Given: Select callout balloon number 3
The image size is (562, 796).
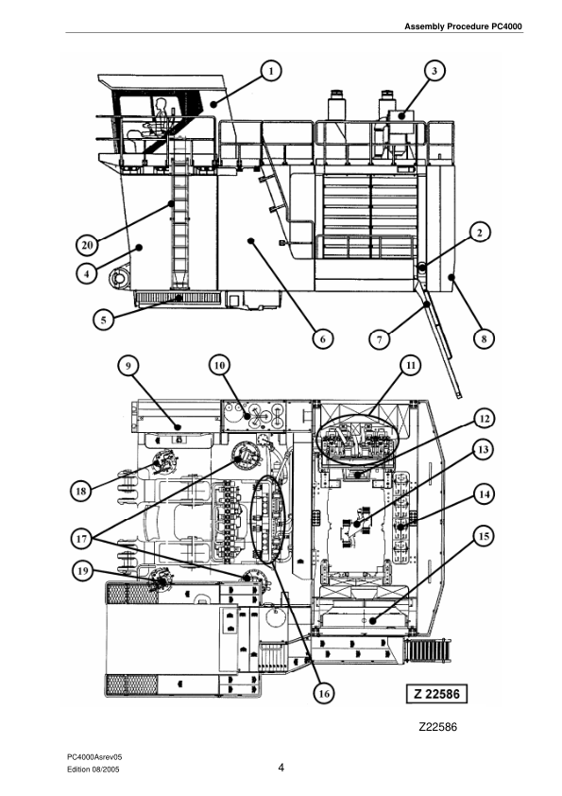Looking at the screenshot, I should click(434, 70).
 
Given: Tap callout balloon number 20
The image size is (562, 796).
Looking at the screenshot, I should click(86, 244).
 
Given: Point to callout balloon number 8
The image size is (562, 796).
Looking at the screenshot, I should click(482, 337).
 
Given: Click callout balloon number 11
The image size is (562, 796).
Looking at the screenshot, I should click(410, 363).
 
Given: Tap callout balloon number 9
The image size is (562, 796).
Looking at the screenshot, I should click(129, 363).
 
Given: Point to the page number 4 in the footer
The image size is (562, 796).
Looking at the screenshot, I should click(281, 768).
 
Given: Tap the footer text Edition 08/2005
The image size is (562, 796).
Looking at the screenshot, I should click(93, 771).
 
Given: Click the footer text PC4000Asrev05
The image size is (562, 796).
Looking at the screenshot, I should click(94, 757).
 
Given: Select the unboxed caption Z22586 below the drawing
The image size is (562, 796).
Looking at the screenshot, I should click(439, 729).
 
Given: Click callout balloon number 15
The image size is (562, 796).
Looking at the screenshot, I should click(483, 537).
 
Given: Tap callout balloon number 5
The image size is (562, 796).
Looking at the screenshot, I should click(106, 319).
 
